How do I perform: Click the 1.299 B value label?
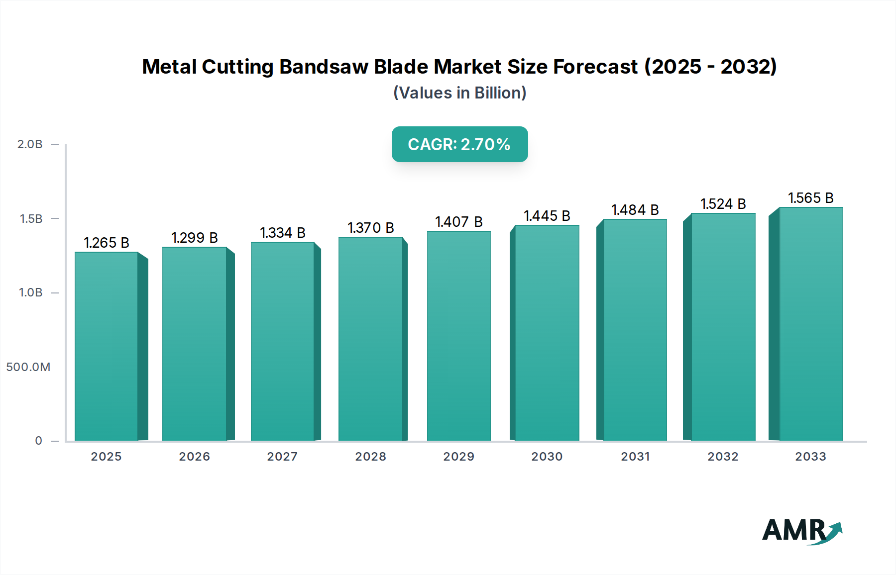pos(195,238)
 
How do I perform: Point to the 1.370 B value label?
pos(371,228)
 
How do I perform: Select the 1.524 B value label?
pos(723,204)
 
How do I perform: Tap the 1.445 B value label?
pos(547,216)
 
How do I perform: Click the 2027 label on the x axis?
pos(282,457)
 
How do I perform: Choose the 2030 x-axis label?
pos(547,457)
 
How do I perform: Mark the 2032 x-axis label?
pos(723,457)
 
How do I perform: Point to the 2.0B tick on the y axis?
pos(30,145)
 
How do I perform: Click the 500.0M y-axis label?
pos(28,367)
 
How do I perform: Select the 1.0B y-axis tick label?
pos(31,292)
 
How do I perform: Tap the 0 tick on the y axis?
pos(38,441)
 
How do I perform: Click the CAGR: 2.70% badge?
pos(459,144)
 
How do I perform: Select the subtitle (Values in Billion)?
pos(459,93)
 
